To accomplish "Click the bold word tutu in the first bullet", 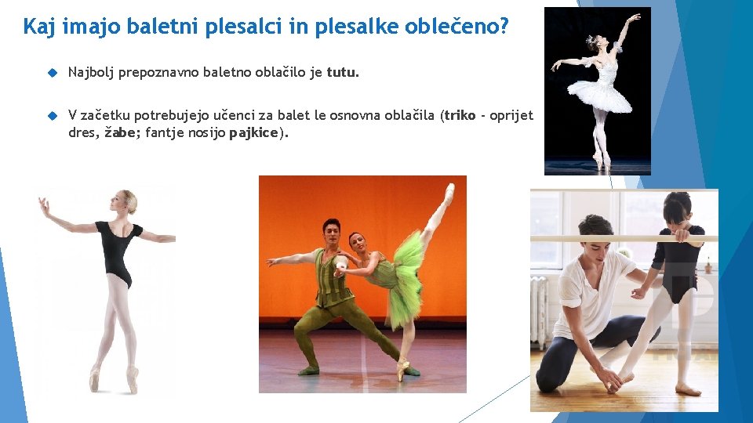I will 341,73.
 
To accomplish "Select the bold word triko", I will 460,115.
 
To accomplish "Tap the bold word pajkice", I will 253,132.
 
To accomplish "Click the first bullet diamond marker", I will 53,73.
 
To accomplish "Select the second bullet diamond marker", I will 53,115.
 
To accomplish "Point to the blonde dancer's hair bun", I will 131,197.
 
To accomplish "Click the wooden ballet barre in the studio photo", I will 624,238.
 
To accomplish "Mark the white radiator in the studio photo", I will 540,309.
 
